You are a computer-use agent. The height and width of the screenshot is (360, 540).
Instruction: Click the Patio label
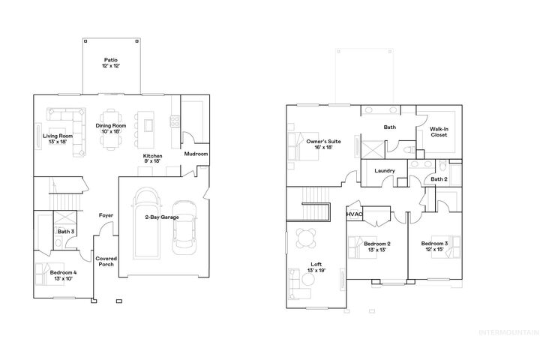[x=111, y=63]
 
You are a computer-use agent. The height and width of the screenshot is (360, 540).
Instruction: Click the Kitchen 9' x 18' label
[x=153, y=158]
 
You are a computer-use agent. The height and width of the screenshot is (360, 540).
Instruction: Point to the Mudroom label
[x=196, y=154]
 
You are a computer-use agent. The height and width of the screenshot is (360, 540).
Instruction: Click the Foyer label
[x=106, y=215]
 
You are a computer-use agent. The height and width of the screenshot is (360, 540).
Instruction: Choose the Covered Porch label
[x=106, y=262]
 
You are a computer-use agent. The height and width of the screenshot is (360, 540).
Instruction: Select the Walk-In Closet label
[x=439, y=133]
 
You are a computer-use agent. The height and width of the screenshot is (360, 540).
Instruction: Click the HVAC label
[x=354, y=214]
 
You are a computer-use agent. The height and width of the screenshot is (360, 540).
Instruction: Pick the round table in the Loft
[x=305, y=238]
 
